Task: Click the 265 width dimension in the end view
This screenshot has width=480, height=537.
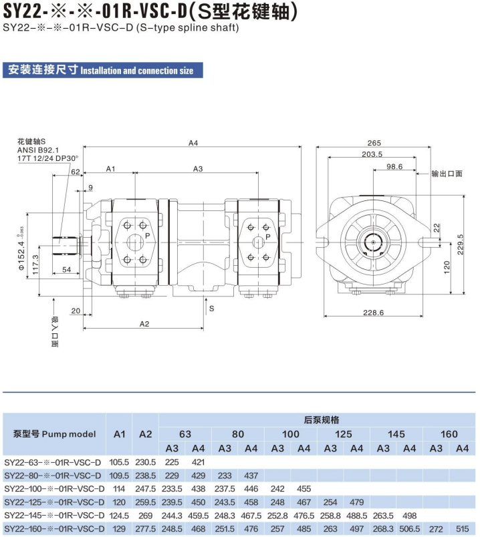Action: point(374,143)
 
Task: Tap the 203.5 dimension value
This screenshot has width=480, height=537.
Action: point(372,154)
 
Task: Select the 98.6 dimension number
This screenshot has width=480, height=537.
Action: point(394,166)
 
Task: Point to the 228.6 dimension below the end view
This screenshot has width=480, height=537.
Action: point(374,313)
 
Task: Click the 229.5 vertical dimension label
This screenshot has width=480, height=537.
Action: point(460,244)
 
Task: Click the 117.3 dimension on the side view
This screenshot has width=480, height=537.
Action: point(35,264)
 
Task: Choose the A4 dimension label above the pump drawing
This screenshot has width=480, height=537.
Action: point(193,143)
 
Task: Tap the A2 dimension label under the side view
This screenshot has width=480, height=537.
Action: point(144,324)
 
